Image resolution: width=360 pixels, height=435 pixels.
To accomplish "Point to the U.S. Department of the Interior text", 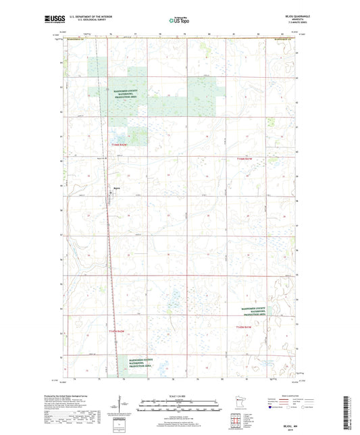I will [x=87, y=17].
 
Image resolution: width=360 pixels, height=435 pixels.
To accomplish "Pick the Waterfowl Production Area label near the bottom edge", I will [x=138, y=360].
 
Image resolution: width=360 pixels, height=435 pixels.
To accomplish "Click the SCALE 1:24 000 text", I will [x=179, y=394].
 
